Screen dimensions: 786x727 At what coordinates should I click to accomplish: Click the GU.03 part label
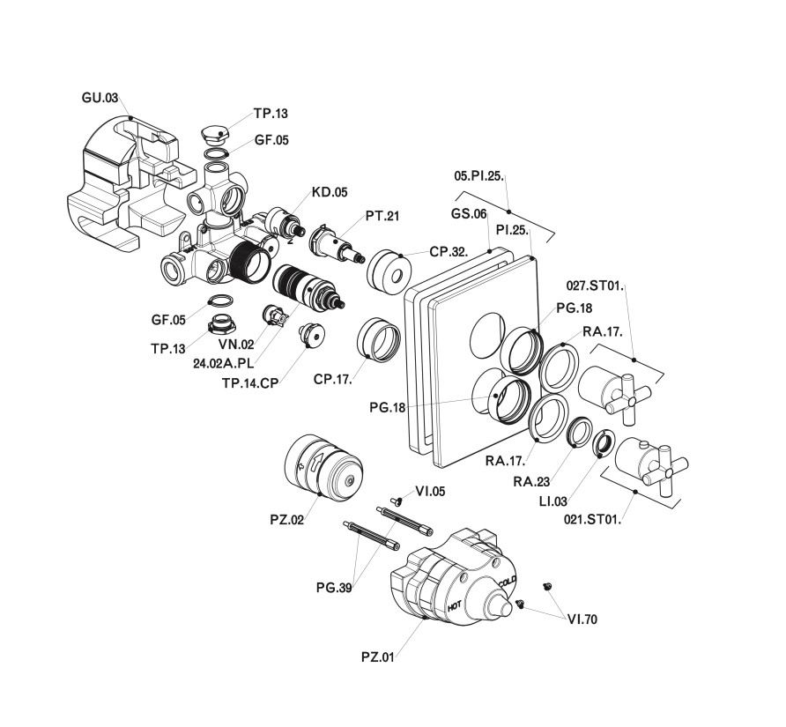pos(100,97)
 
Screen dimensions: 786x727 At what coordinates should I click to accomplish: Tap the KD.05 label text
pos(330,192)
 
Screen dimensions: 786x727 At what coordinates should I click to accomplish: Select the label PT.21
pos(382,216)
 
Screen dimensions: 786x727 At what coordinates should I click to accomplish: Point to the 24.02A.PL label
pos(224,363)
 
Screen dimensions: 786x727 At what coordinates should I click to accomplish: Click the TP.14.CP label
pos(250,383)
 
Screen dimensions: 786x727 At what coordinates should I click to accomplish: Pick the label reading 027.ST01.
pos(596,286)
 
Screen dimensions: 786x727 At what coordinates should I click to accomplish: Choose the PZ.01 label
pos(378,657)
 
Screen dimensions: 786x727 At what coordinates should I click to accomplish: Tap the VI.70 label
pos(582,619)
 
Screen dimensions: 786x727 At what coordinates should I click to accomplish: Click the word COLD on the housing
pos(508,582)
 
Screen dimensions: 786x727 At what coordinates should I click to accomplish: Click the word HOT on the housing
pos(455,605)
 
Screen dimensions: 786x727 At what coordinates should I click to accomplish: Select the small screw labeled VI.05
pos(397,501)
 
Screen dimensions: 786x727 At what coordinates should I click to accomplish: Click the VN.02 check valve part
pos(275,315)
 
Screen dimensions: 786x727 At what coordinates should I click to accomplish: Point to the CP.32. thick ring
pos(389,271)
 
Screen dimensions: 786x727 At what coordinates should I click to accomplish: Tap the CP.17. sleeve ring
pos(379,339)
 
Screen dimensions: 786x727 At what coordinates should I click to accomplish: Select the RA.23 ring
pos(581,432)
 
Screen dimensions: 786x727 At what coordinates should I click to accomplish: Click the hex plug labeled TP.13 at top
pos(215,134)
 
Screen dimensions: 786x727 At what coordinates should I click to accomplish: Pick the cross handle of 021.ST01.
pos(666,471)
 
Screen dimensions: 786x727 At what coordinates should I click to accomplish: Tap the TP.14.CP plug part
pos(311,335)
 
